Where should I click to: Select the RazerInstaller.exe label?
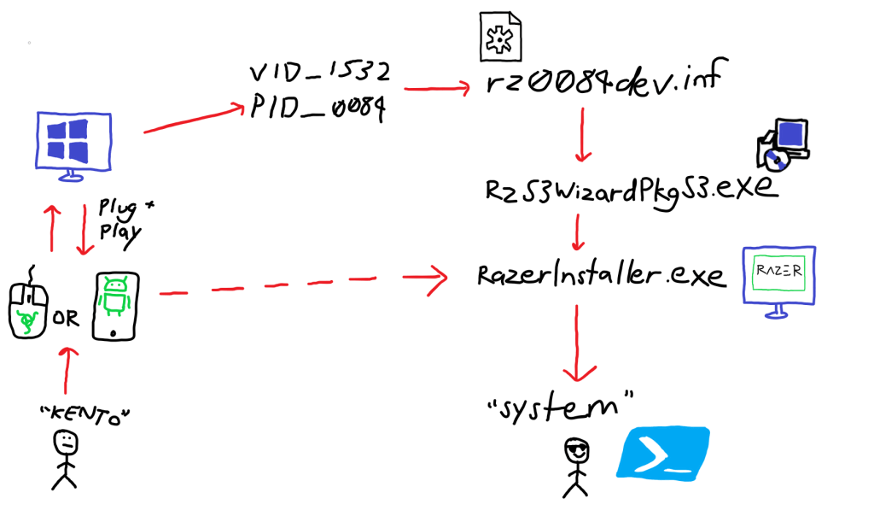click(x=602, y=275)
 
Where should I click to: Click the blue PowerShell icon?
click(x=663, y=452)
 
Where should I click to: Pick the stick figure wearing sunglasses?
click(x=577, y=466)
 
